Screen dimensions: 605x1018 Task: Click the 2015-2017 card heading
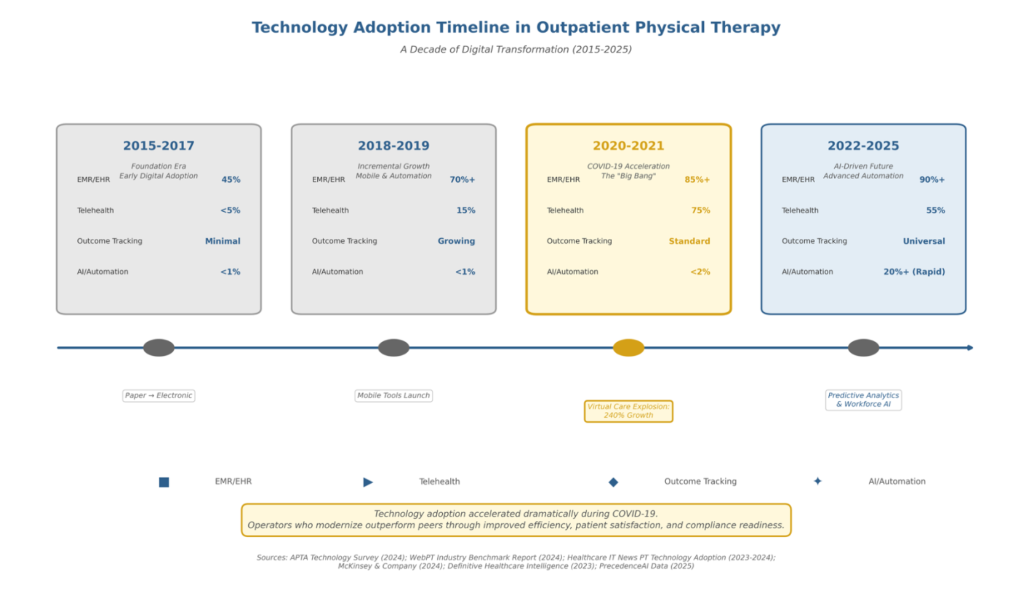[159, 145]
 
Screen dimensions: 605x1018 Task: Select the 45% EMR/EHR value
[230, 180]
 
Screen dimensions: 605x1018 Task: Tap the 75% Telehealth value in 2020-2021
[700, 210]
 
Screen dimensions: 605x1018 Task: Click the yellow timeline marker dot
[628, 348]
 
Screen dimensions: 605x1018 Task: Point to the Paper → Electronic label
[159, 395]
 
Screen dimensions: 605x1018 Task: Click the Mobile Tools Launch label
[393, 395]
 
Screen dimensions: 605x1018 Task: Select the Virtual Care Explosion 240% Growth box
[628, 411]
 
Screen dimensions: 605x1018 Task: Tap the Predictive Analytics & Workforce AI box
[863, 400]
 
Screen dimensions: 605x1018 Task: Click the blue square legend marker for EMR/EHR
[164, 482]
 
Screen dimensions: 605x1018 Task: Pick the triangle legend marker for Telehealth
[367, 482]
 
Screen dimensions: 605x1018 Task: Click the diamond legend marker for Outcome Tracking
[613, 482]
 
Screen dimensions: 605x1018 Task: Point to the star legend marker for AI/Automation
[817, 481]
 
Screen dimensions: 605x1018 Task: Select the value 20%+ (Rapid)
[914, 271]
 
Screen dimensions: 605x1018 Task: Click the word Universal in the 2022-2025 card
[924, 241]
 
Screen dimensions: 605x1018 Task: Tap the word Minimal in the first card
[222, 241]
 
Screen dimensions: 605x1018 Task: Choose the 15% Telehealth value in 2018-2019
[465, 210]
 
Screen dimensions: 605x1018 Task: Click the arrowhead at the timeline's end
[970, 348]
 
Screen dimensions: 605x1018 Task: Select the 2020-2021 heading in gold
[628, 145]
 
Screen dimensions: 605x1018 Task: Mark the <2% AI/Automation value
[700, 271]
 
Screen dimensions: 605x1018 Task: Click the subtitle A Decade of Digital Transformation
[516, 49]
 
